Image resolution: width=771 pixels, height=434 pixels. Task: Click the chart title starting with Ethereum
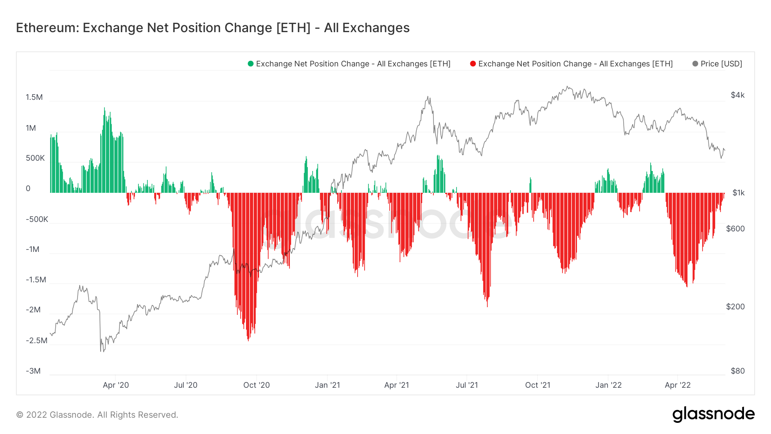coord(212,28)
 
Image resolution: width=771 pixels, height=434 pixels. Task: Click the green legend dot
coord(251,64)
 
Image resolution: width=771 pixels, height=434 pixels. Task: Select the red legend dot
coord(473,64)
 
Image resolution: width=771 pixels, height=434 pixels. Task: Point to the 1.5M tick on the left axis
coord(34,97)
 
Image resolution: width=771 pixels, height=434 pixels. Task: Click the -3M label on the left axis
coord(33,371)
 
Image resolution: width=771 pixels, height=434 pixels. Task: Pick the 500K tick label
coord(35,158)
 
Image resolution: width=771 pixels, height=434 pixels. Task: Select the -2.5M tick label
coord(36,341)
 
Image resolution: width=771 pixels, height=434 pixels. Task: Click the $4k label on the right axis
coord(738,95)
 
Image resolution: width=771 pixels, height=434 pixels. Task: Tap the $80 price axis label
coord(738,371)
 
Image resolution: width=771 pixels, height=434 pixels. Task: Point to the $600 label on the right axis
coord(735,229)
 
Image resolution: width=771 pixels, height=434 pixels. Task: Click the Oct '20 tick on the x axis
coord(257,385)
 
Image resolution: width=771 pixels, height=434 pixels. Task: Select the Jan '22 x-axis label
coord(608,385)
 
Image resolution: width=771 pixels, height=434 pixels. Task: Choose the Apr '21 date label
coord(397,385)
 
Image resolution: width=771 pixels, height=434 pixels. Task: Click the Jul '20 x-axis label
coord(185,385)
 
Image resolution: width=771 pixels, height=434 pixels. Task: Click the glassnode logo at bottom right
coord(713,414)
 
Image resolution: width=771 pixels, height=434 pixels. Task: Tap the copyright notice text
coord(97,415)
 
